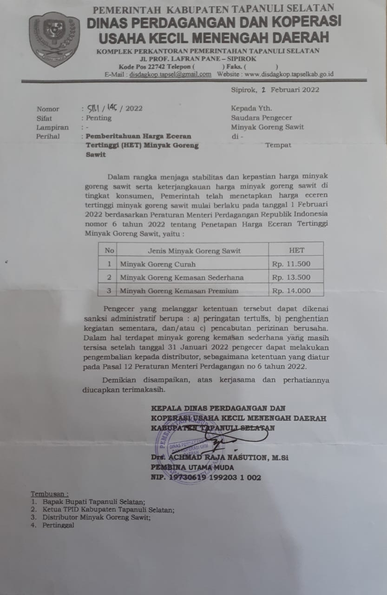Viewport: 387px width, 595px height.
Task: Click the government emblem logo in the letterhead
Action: [x=54, y=39]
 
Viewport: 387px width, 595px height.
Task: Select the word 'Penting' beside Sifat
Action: [x=99, y=118]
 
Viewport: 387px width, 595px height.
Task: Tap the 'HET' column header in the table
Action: [x=296, y=250]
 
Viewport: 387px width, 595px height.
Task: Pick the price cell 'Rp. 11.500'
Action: [x=291, y=264]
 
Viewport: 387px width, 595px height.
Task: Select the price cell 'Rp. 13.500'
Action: [x=291, y=278]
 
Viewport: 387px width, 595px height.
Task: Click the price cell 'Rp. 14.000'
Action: [x=291, y=291]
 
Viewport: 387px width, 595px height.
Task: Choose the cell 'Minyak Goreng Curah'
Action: [x=158, y=264]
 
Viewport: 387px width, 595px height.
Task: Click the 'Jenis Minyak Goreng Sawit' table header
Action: [x=194, y=251]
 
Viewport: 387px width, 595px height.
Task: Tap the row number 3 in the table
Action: [x=109, y=291]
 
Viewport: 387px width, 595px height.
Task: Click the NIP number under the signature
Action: [x=206, y=477]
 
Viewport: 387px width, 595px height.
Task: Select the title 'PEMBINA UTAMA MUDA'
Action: [x=192, y=468]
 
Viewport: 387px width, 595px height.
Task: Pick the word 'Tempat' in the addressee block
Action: [x=278, y=145]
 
